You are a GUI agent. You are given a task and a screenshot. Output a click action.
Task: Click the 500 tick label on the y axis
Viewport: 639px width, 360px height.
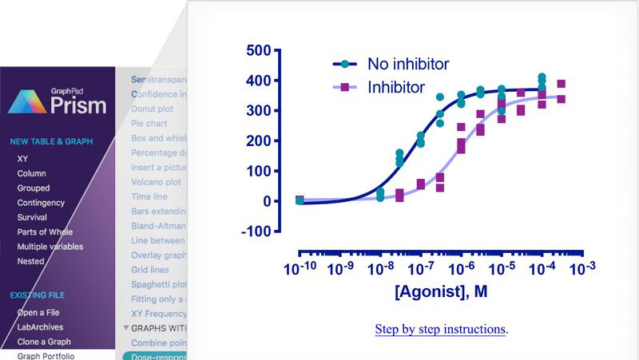pos(257,50)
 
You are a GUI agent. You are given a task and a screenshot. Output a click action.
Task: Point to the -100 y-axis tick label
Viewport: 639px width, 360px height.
pos(254,231)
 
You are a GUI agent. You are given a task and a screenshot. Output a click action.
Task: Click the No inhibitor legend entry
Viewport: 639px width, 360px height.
pos(407,63)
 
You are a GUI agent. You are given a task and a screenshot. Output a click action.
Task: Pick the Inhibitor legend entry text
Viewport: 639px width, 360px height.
pos(395,87)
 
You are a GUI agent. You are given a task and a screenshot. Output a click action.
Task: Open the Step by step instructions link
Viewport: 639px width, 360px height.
pos(440,329)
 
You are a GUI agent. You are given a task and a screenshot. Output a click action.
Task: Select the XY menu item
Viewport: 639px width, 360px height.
pos(22,159)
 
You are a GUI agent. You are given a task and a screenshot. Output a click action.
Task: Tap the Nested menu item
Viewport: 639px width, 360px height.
pos(30,261)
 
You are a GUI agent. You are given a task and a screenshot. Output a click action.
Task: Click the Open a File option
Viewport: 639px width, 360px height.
pos(38,312)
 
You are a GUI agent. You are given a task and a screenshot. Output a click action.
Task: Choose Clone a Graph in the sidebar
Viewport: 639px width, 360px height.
pos(44,342)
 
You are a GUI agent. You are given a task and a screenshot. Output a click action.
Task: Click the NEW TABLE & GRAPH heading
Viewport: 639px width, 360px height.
pos(51,142)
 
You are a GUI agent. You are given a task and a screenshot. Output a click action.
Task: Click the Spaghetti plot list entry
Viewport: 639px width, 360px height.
pos(159,284)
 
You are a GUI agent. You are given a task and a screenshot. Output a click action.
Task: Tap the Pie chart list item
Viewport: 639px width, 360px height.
pos(149,124)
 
